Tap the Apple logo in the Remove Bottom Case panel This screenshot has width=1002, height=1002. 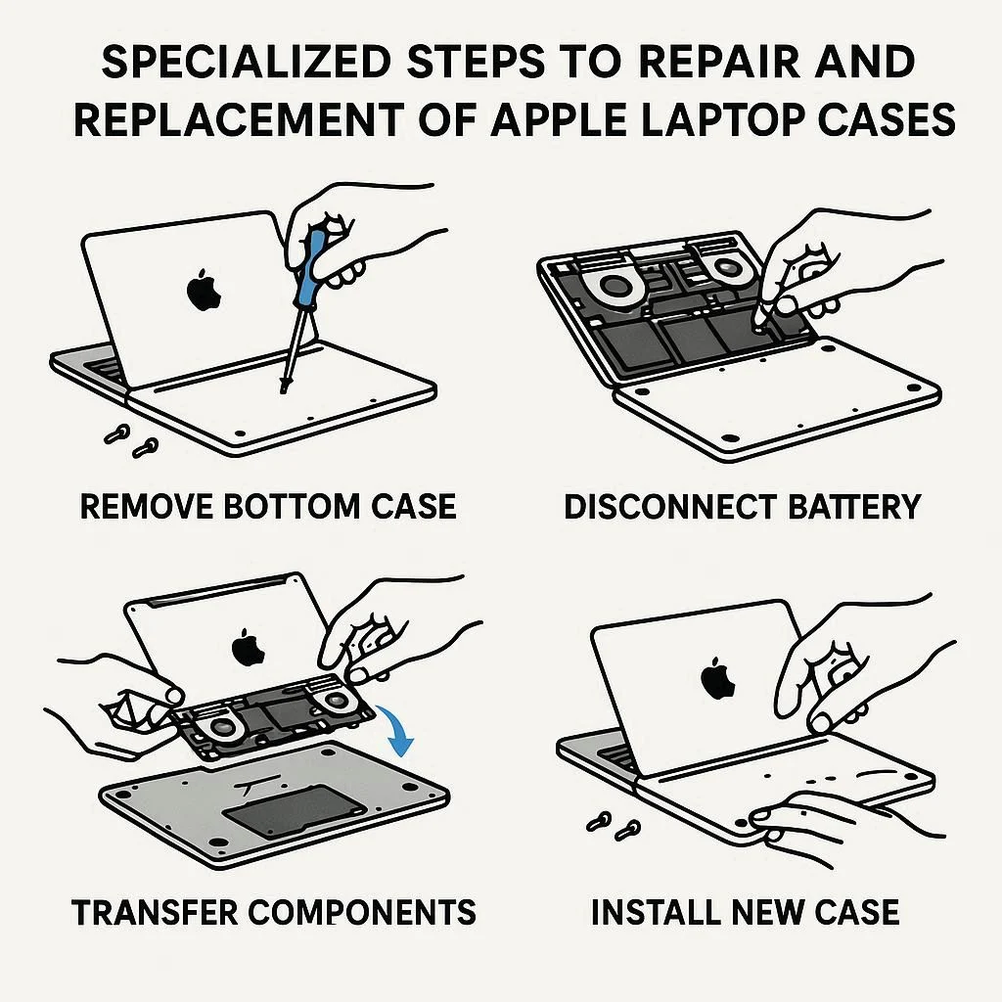(x=204, y=291)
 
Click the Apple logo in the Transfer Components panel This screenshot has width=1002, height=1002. (x=248, y=648)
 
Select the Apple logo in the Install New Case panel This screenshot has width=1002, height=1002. (x=718, y=678)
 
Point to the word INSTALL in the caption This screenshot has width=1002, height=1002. (x=655, y=912)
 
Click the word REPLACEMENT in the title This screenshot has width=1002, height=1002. (x=239, y=120)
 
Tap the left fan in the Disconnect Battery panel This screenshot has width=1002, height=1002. (x=613, y=286)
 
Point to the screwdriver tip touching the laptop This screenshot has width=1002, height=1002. (x=283, y=387)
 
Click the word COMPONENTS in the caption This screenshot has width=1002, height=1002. (x=362, y=912)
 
